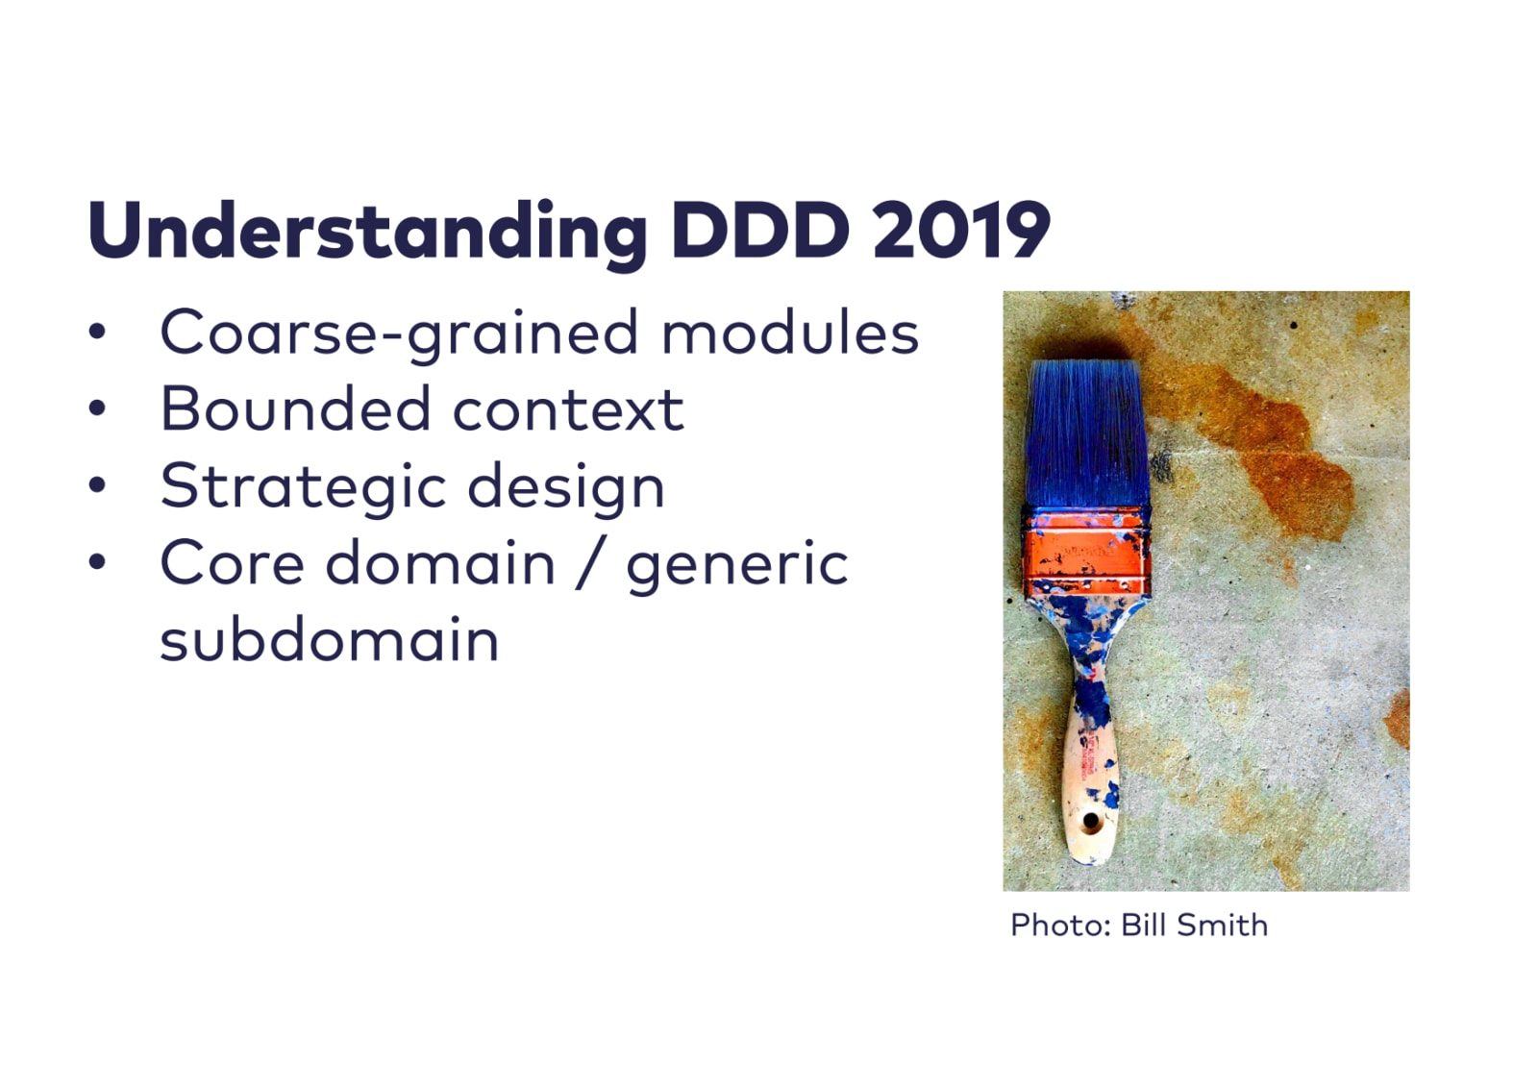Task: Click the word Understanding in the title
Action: pos(367,234)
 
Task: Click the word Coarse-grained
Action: pos(400,334)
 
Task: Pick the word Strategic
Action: pos(303,487)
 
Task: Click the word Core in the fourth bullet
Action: pos(232,564)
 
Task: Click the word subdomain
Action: pos(329,638)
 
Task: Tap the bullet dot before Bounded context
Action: pos(97,408)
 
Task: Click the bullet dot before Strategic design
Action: pos(97,484)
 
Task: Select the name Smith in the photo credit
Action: pos(1222,925)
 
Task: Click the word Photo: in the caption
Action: pos(1061,925)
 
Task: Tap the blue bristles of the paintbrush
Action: pos(1086,436)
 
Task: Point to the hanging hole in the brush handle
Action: pos(1090,820)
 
